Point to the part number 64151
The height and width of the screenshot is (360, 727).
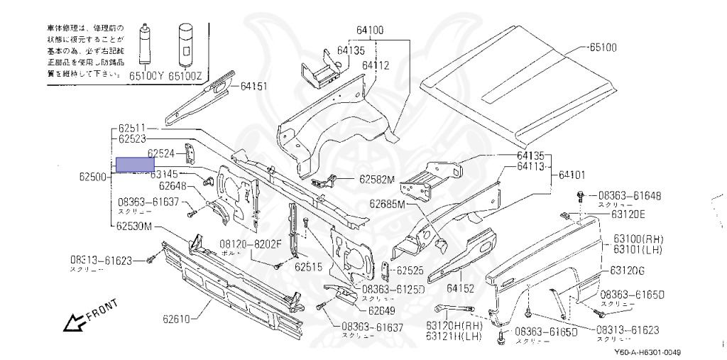253,87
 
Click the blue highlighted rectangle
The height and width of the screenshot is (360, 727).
135,165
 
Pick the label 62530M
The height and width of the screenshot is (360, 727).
135,227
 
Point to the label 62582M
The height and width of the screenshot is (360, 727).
376,180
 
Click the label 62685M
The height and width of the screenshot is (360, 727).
386,204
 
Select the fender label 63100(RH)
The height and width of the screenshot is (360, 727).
640,239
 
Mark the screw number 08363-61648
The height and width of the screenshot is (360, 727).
629,195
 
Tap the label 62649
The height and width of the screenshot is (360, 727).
381,310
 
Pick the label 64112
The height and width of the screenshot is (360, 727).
376,65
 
